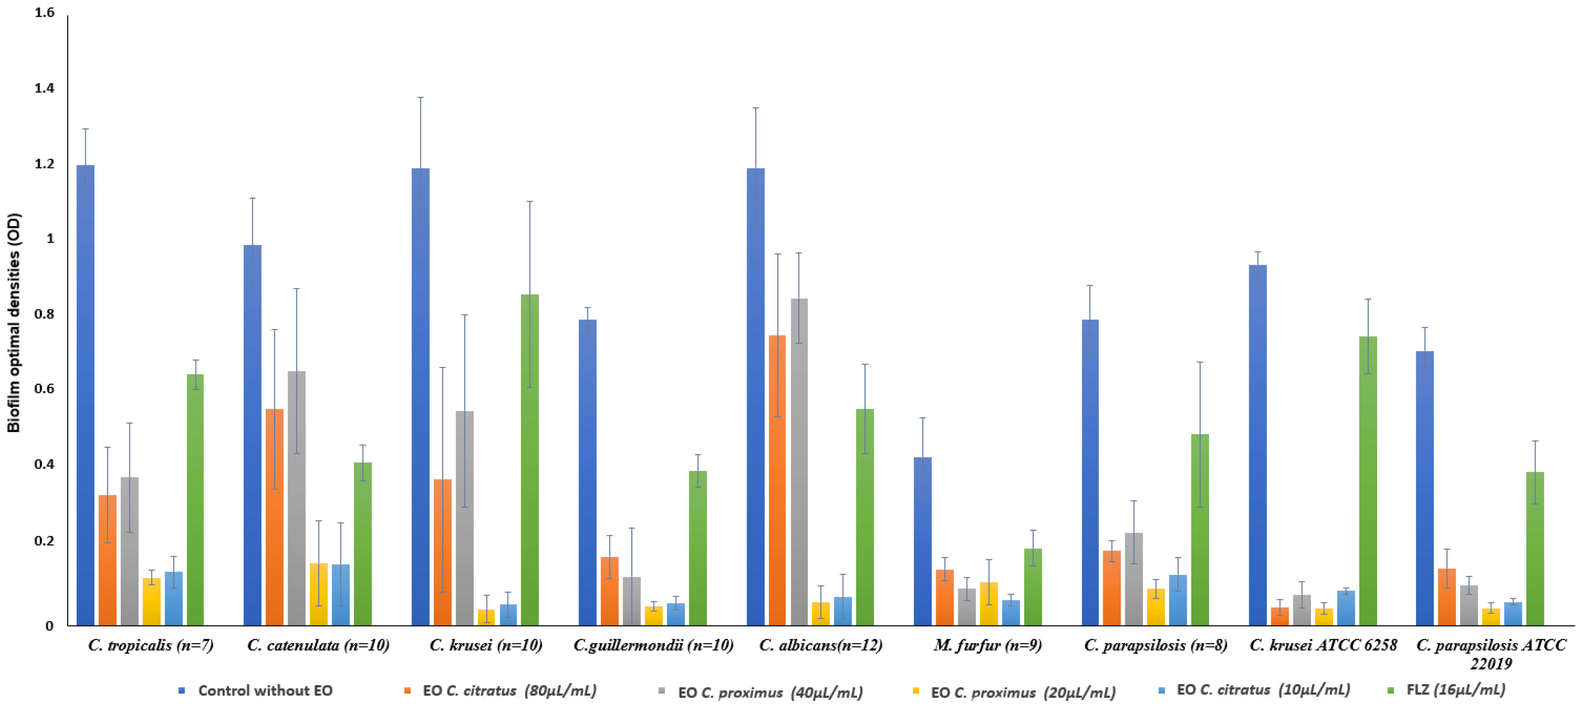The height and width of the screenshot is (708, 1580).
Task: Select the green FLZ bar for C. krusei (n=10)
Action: point(529,460)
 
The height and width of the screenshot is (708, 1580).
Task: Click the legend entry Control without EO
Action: point(264,690)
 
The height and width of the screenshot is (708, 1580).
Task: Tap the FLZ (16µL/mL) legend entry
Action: point(1455,690)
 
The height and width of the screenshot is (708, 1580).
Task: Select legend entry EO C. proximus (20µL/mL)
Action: point(1022,692)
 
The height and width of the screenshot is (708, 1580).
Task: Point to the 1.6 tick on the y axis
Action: point(44,12)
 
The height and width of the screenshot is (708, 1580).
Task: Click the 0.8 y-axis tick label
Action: point(44,314)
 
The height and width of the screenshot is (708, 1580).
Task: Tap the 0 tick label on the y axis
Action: point(49,626)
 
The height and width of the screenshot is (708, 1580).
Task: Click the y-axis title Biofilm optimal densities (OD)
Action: point(14,322)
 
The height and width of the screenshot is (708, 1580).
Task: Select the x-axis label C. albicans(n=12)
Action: point(820,645)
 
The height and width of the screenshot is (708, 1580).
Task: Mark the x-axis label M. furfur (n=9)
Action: point(988,645)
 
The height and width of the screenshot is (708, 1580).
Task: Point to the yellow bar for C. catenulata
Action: point(318,594)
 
